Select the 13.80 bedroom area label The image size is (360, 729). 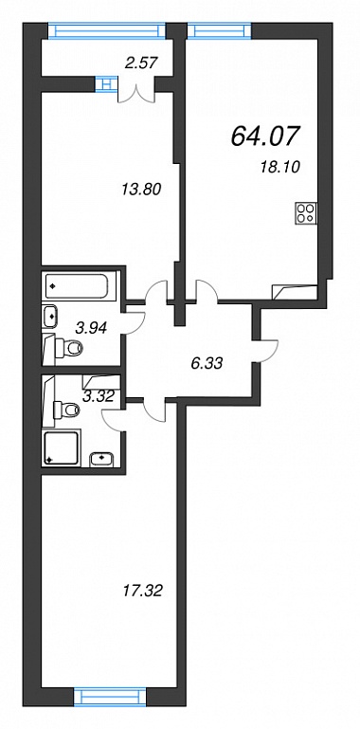pos(141,190)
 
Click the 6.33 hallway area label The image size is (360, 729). pos(207,363)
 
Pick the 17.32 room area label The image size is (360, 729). pos(142,592)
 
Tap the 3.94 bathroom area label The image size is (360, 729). pos(92,328)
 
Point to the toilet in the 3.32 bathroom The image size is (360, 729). pos(65,410)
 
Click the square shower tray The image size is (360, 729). pos(63,447)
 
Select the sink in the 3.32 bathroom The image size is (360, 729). pos(101,458)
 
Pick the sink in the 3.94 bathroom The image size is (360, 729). pos(50,317)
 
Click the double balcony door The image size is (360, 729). pos(136,92)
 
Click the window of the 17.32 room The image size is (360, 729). pos(110,710)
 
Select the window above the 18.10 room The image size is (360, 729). pos(220,31)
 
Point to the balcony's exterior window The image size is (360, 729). pos(107,31)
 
